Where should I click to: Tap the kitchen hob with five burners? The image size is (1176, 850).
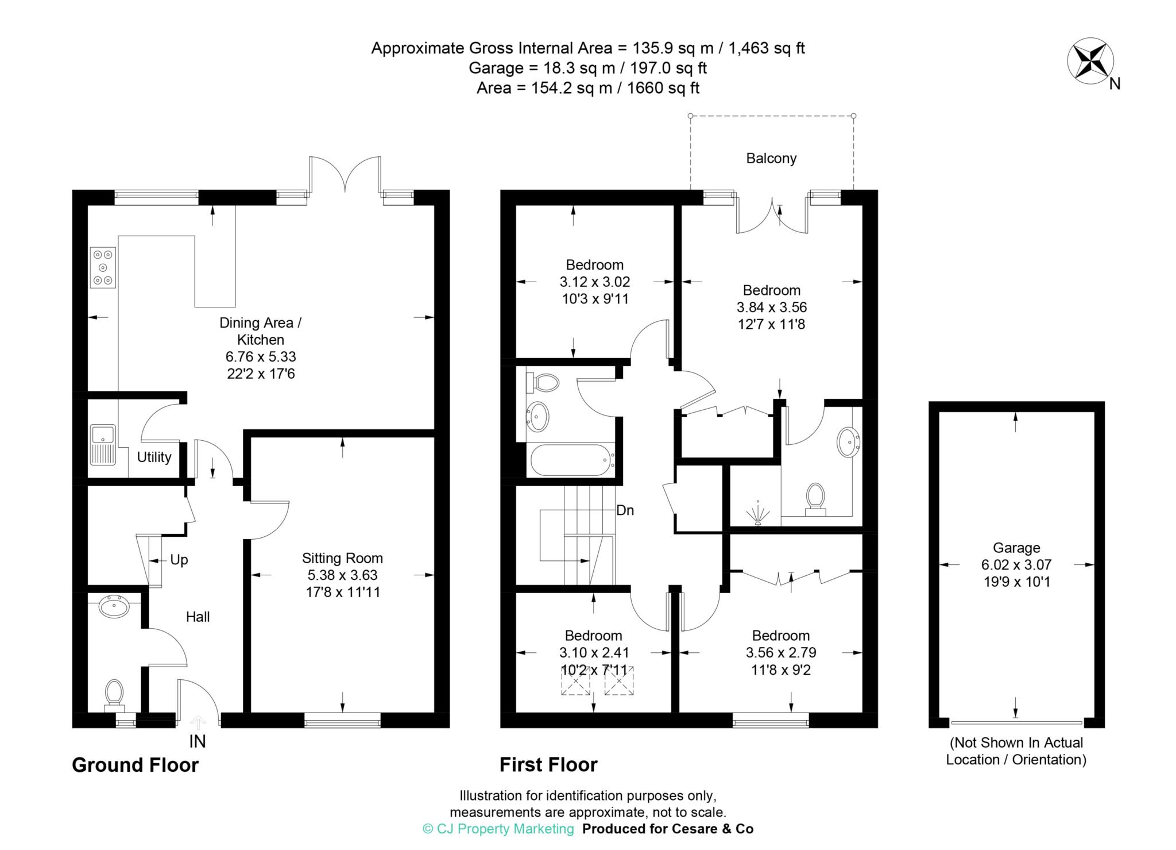click(103, 267)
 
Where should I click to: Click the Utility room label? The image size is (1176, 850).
click(154, 457)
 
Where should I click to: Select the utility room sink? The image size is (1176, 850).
click(103, 445)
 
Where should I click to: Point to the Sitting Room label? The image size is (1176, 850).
click(342, 558)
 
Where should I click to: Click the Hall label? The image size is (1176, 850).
click(198, 617)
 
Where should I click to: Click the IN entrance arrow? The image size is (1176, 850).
click(198, 722)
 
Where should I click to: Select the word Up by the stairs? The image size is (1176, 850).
click(179, 560)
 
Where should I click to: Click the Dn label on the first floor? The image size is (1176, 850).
click(625, 510)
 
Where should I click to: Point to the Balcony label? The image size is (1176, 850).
click(771, 159)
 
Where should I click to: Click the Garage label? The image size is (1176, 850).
click(1016, 548)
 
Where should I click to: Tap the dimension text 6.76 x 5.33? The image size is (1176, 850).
click(261, 357)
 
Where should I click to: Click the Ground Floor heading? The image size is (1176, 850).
click(136, 765)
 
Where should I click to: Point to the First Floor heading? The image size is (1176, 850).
click(548, 765)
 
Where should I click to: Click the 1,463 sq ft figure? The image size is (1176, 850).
click(767, 48)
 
